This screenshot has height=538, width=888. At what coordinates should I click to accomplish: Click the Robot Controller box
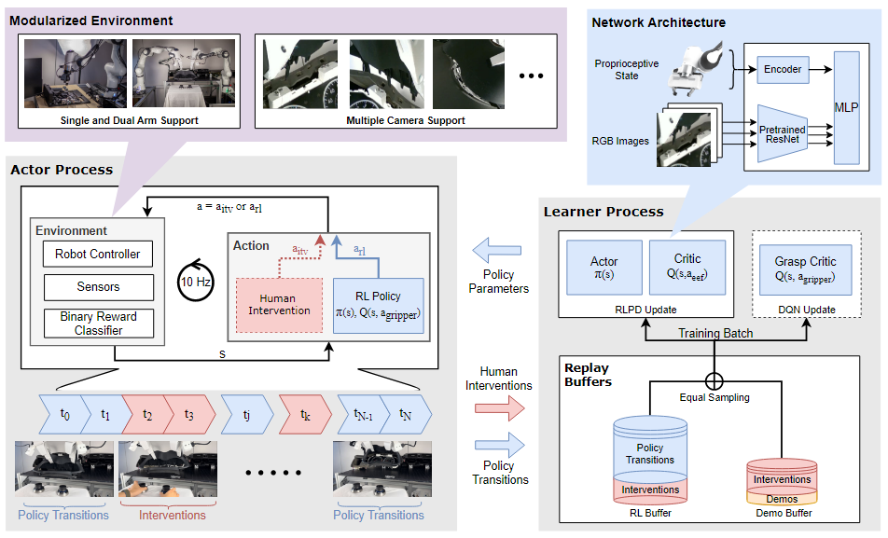[x=98, y=254]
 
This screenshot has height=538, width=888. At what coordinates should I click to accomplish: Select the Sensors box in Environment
[x=98, y=287]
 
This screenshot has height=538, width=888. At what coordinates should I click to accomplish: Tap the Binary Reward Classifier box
[x=98, y=324]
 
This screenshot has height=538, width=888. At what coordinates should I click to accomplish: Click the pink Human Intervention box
[x=279, y=305]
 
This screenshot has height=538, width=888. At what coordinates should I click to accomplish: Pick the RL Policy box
[x=377, y=305]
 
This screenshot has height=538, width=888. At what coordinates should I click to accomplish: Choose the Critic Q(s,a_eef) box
[x=687, y=266]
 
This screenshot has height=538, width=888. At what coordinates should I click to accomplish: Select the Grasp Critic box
[x=805, y=269]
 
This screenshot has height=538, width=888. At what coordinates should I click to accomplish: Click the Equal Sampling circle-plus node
[x=714, y=380]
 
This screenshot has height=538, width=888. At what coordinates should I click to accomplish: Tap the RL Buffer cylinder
[x=649, y=460]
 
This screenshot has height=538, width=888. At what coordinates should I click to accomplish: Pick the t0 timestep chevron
[x=61, y=411]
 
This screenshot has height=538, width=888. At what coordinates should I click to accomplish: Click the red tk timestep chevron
[x=304, y=411]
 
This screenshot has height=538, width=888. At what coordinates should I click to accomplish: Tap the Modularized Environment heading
[x=91, y=21]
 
